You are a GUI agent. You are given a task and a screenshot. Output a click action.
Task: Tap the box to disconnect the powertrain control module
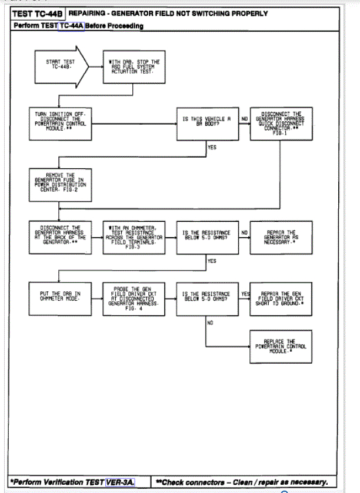coord(60,124)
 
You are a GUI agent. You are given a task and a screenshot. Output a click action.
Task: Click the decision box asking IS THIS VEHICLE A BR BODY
coord(206,124)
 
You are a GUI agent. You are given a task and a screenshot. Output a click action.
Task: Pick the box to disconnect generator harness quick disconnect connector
coord(281,123)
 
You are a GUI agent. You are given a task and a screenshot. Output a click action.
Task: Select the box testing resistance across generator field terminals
coord(132,237)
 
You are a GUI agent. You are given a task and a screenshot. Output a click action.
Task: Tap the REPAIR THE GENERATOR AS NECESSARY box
coord(281,237)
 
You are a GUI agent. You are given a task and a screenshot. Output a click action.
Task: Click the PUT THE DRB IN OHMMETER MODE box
coord(60,298)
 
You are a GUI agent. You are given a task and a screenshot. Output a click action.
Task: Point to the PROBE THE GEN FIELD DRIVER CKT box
coord(132,298)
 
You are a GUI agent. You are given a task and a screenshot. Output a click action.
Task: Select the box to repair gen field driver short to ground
coord(281,298)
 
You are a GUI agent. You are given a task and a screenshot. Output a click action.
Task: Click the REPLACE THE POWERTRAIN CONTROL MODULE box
coord(281,346)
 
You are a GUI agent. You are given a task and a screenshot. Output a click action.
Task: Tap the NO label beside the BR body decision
coord(243,118)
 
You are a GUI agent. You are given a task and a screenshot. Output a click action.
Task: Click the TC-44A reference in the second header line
coord(71,26)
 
